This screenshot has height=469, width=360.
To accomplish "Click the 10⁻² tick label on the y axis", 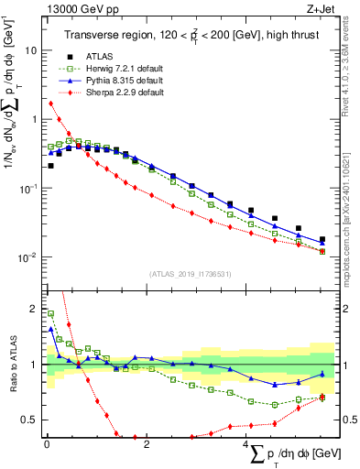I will (27, 256).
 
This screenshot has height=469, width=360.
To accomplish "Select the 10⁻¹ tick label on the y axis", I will (27, 188).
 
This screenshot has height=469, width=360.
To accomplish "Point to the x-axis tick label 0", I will (47, 444).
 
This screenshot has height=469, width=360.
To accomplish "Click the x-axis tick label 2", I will (147, 444).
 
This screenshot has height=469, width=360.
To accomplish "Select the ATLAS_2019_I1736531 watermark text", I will (190, 273).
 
